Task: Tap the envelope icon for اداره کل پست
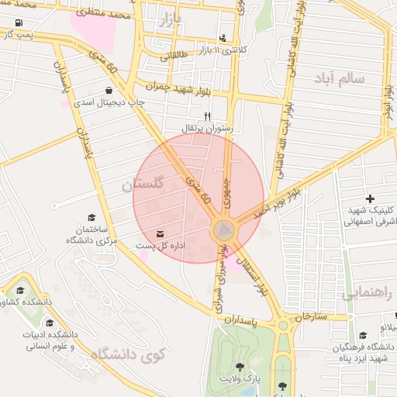tap(161, 233)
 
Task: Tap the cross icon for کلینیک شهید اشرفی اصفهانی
tap(370, 200)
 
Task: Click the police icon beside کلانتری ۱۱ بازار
tap(223, 37)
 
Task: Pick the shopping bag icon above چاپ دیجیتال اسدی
tap(107, 91)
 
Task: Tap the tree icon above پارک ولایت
tap(239, 368)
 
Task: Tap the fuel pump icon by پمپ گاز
tap(17, 33)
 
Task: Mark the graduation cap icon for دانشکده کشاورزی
tap(19, 292)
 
